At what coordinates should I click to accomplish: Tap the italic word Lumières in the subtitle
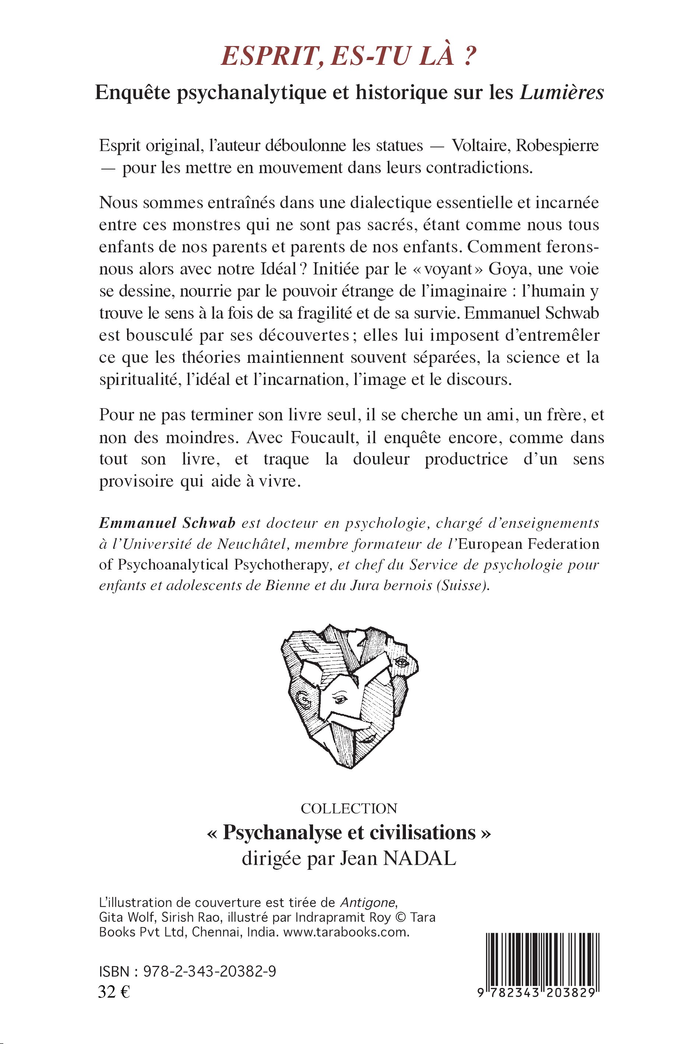[562, 92]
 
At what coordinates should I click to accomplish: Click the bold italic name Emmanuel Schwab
[167, 523]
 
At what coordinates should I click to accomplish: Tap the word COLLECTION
[349, 808]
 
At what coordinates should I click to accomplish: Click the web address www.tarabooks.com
[346, 932]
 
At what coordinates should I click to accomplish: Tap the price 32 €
[114, 992]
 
